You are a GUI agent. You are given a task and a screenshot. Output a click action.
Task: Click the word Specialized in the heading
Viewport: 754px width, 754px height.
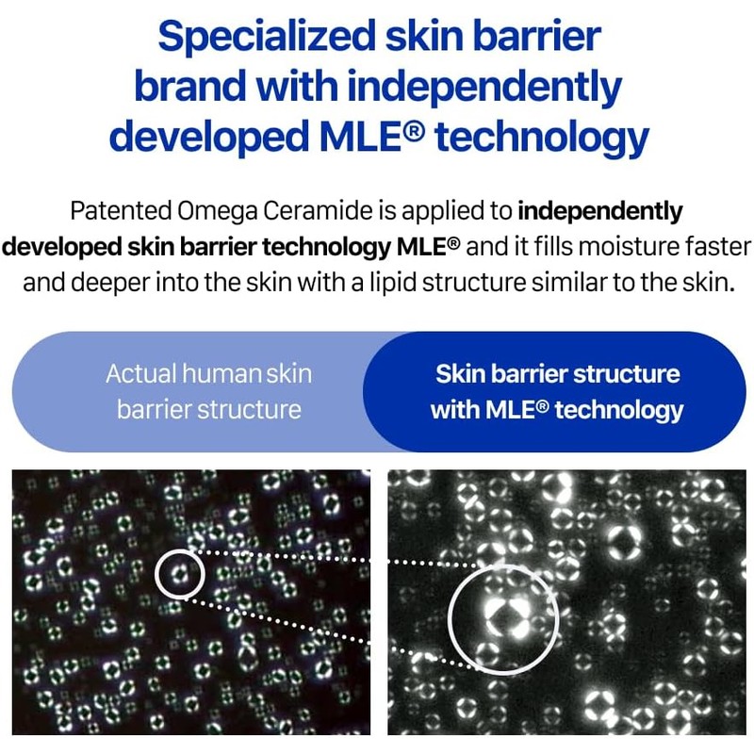[267, 37]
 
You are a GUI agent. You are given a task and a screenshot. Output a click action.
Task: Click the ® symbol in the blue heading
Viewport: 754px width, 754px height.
[414, 129]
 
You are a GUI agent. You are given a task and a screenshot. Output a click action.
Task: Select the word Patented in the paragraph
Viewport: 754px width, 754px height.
[121, 210]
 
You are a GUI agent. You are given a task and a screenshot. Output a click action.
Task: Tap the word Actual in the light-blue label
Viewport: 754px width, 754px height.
[140, 373]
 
